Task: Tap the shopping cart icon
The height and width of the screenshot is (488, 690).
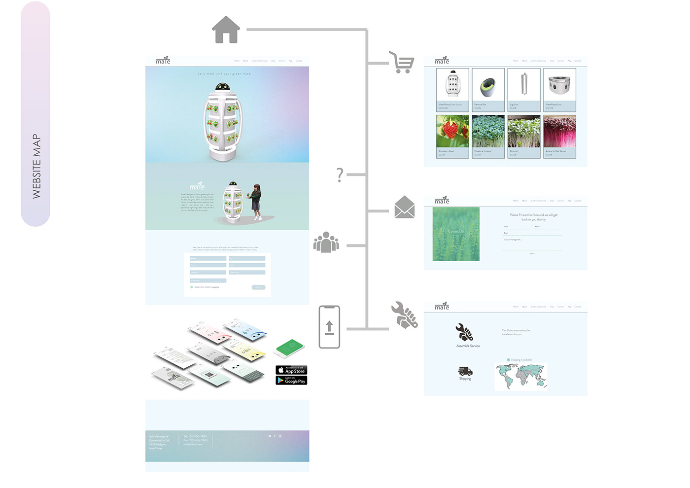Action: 402,63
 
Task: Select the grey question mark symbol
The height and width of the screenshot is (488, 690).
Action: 340,175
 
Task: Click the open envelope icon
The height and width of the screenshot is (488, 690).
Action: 404,207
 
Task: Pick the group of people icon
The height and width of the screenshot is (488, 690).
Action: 326,242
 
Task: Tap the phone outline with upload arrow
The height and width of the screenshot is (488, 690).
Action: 329,327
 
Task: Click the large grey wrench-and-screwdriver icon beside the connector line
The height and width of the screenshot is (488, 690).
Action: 404,315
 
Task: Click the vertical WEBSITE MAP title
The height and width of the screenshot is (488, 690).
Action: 36,166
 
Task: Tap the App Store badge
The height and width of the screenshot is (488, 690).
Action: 291,370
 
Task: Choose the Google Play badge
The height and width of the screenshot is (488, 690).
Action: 291,381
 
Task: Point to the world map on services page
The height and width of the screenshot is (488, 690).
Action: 520,376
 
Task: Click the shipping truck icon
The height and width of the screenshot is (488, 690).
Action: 465,371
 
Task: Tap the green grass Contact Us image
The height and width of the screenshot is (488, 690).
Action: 456,234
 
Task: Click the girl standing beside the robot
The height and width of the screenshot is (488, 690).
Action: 256,202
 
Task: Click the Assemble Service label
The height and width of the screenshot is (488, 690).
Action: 468,346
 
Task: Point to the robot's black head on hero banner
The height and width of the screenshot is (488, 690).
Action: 222,87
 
